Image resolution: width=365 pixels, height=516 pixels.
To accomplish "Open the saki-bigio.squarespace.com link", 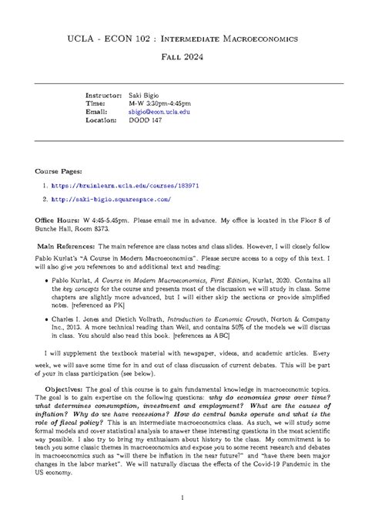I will coord(112,199).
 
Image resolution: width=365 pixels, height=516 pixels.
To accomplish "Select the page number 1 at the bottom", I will coord(182,497).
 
